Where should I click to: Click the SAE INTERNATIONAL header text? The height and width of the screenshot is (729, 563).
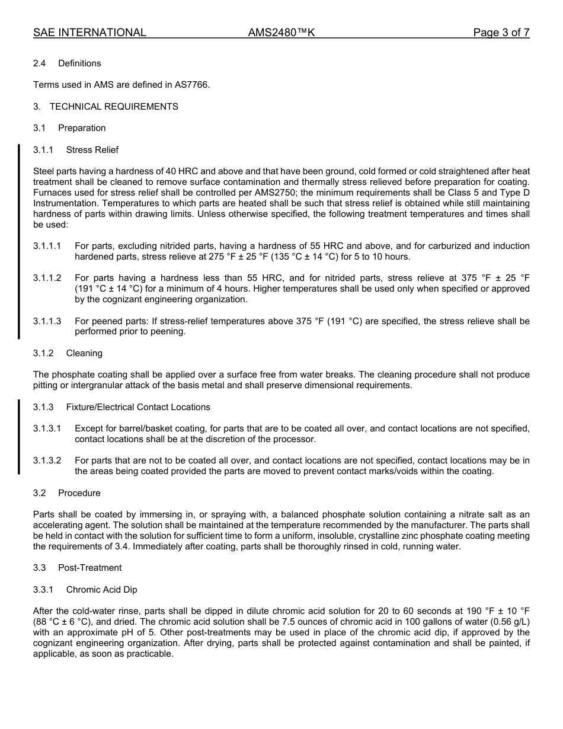pyautogui.click(x=89, y=33)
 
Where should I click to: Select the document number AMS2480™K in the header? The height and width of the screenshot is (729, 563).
pyautogui.click(x=281, y=33)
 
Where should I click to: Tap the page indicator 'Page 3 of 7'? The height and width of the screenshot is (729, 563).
pyautogui.click(x=501, y=33)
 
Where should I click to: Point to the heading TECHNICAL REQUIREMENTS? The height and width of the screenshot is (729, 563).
pyautogui.click(x=114, y=107)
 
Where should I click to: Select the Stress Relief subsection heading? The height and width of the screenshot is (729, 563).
pyautogui.click(x=92, y=150)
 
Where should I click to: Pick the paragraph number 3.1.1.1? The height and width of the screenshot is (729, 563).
pyautogui.click(x=47, y=246)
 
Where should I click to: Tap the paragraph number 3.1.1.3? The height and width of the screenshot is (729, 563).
pyautogui.click(x=47, y=321)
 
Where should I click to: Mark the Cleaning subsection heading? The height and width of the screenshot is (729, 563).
pyautogui.click(x=84, y=353)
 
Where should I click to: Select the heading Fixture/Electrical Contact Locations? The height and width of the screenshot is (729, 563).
pyautogui.click(x=138, y=407)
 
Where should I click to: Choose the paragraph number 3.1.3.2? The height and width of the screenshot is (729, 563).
pyautogui.click(x=47, y=461)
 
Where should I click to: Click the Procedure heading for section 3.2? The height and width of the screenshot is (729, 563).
pyautogui.click(x=79, y=493)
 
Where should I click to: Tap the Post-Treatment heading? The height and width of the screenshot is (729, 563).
pyautogui.click(x=89, y=568)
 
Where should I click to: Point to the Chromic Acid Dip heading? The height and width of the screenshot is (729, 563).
pyautogui.click(x=102, y=590)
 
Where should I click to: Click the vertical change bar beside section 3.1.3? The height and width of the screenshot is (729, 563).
pyautogui.click(x=18, y=437)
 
